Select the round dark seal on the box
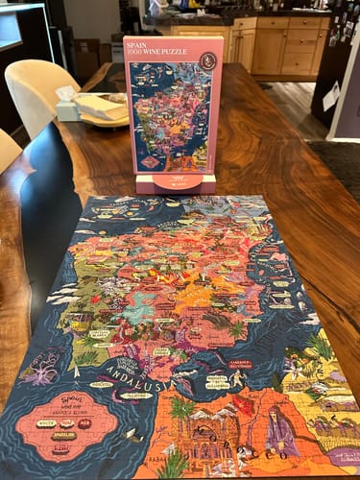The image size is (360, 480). tap(207, 60)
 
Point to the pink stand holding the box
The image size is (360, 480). tap(177, 181)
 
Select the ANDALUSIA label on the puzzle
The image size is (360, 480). tap(143, 366)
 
